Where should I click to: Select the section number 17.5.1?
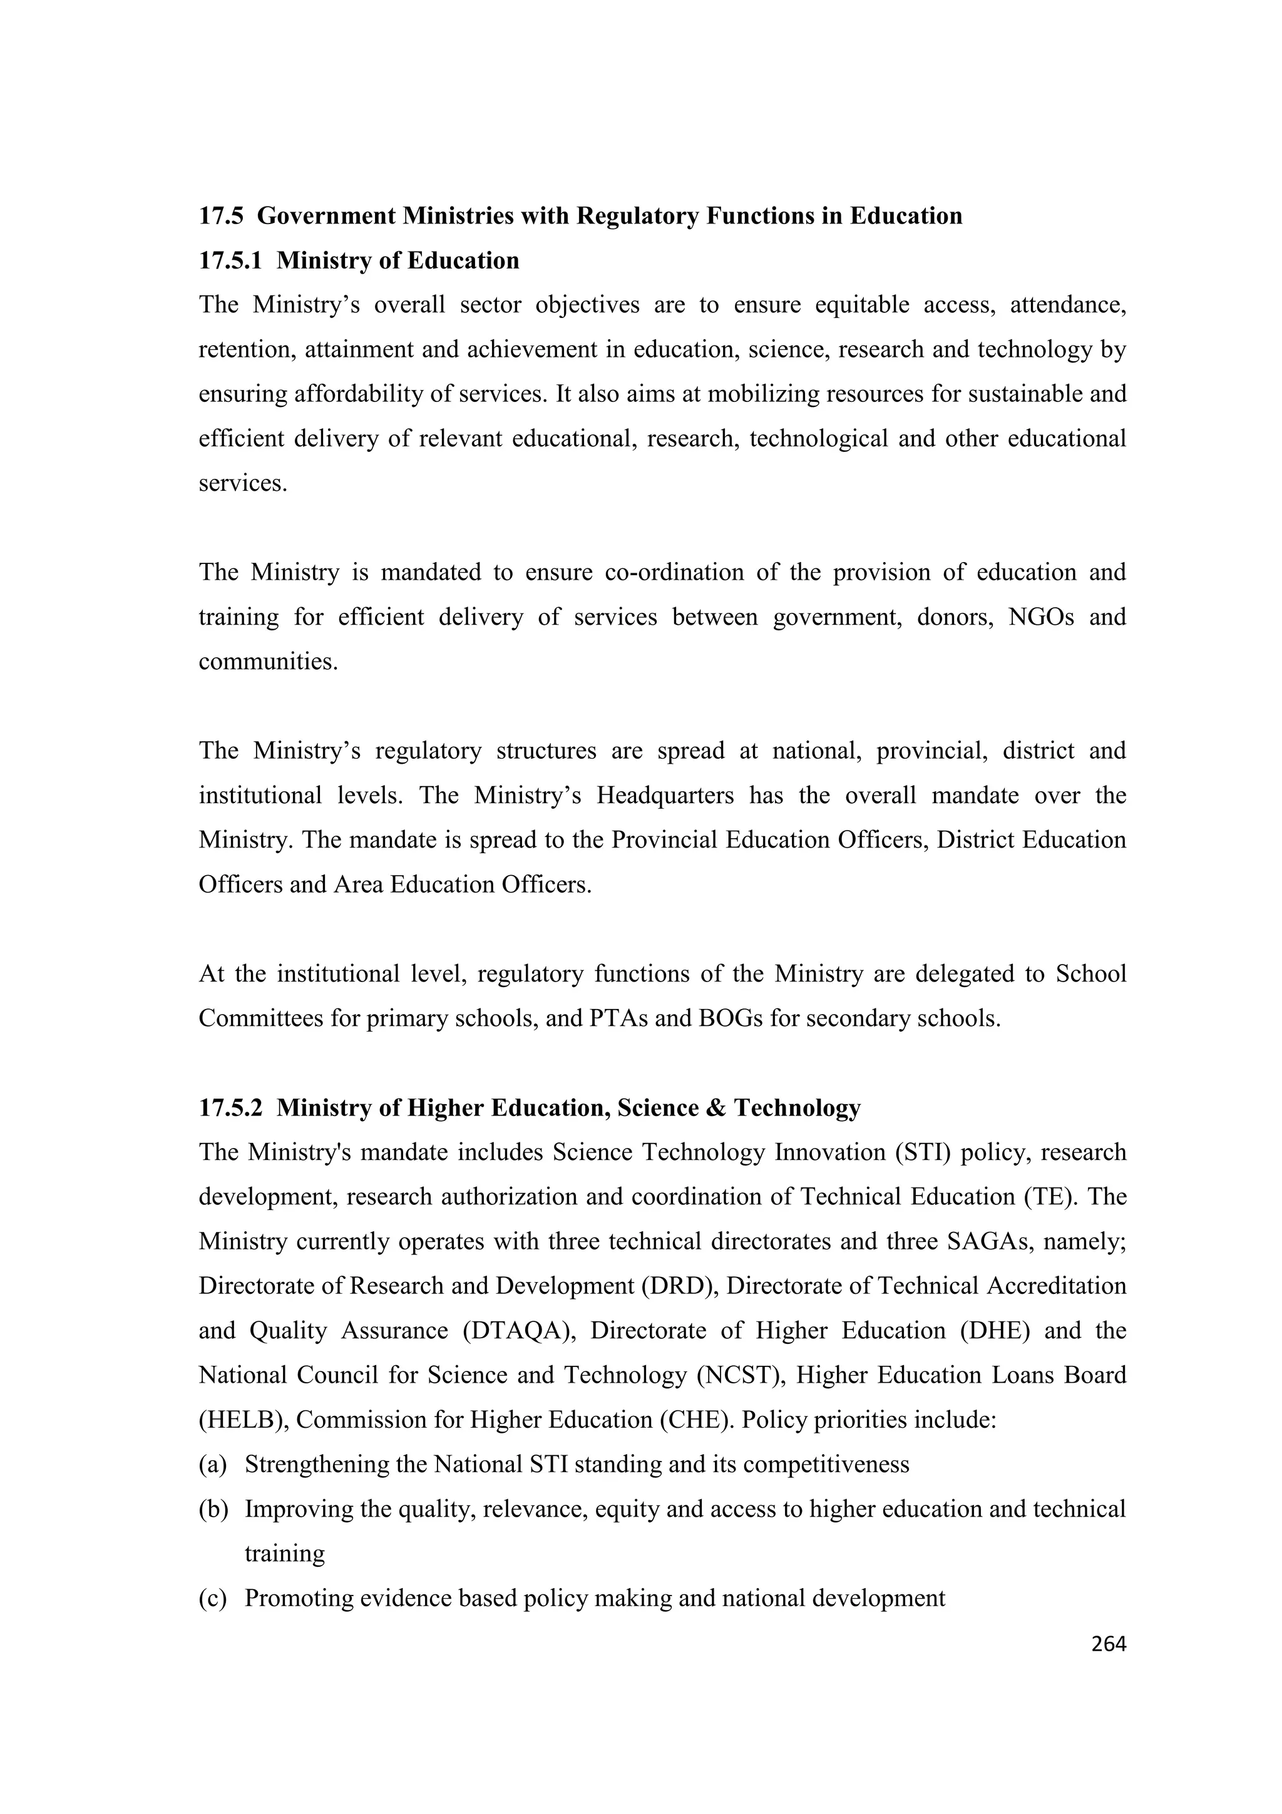click(230, 261)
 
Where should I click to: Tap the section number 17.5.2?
click(230, 1108)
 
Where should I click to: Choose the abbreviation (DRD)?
click(678, 1286)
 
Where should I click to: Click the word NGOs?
click(1041, 617)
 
